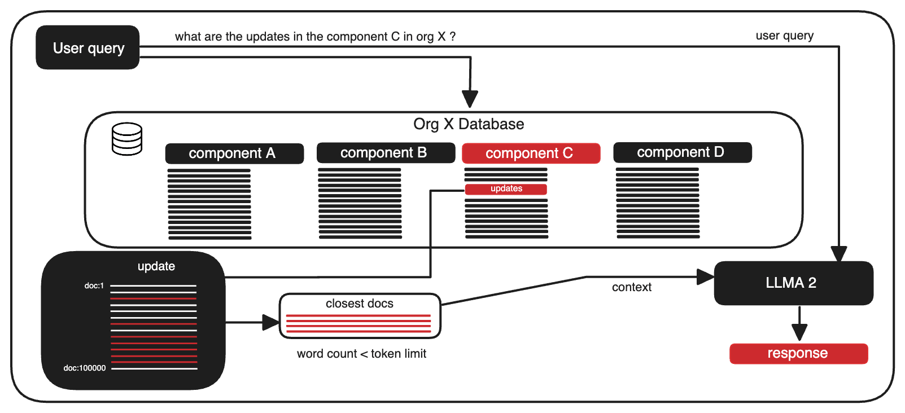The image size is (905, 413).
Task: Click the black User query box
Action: pos(88,48)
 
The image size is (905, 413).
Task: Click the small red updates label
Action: pos(506,189)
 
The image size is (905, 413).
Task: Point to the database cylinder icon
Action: pos(127,139)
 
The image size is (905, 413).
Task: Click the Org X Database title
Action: pos(469,124)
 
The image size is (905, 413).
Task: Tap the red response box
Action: pos(798,354)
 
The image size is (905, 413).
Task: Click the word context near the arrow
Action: pos(631,287)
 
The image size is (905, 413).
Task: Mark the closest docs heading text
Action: pos(359,304)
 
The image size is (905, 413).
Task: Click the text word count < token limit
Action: pos(361,354)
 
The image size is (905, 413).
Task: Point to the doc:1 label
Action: pos(94,286)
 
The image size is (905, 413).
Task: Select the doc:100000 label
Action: pos(85,368)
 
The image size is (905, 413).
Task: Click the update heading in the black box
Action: pos(156,266)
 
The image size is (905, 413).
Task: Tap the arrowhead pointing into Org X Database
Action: pos(470,99)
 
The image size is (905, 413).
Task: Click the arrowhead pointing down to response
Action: pos(799,332)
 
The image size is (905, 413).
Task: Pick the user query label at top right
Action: pos(784,36)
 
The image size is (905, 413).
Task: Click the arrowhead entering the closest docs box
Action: pos(272,323)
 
